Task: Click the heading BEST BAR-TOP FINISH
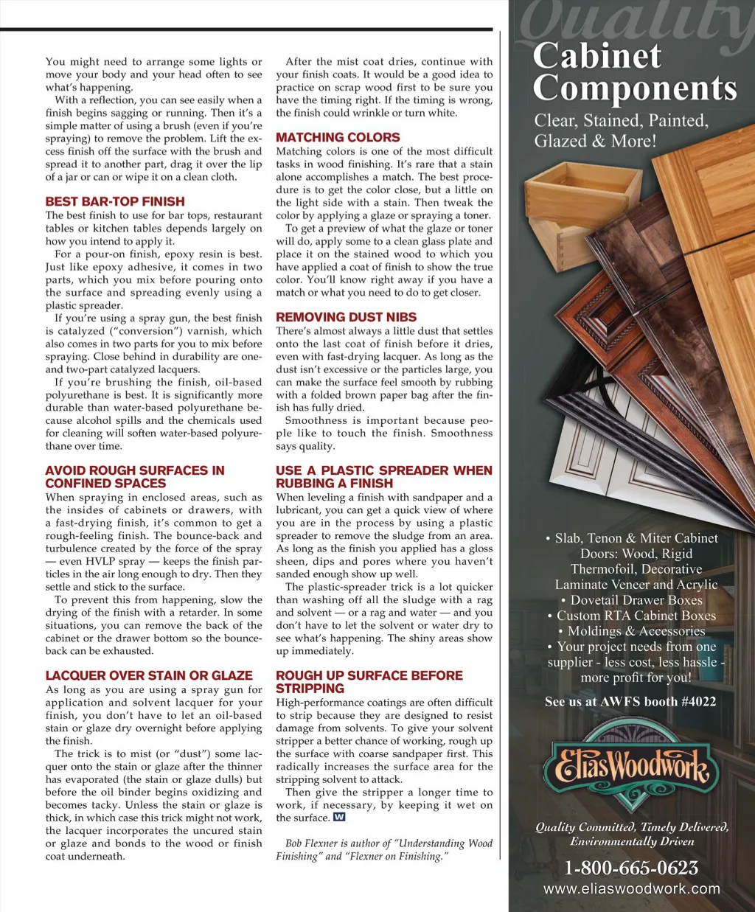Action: [x=115, y=201]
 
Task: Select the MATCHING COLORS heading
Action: [x=338, y=137]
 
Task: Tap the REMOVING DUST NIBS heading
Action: [x=346, y=317]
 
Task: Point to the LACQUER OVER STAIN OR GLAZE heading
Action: [x=149, y=675]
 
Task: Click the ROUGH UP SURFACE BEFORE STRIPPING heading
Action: [x=369, y=682]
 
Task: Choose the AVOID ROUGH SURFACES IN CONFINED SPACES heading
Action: [x=135, y=477]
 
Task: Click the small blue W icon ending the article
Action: [x=339, y=817]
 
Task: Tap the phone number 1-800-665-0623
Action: [x=631, y=868]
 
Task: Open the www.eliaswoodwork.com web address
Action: [x=631, y=889]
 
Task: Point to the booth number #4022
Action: [x=698, y=702]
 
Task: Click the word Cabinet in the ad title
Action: [x=597, y=56]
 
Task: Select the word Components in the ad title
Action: [x=635, y=88]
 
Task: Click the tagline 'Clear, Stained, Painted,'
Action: [x=621, y=120]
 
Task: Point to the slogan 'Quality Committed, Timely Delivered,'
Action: [x=632, y=826]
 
